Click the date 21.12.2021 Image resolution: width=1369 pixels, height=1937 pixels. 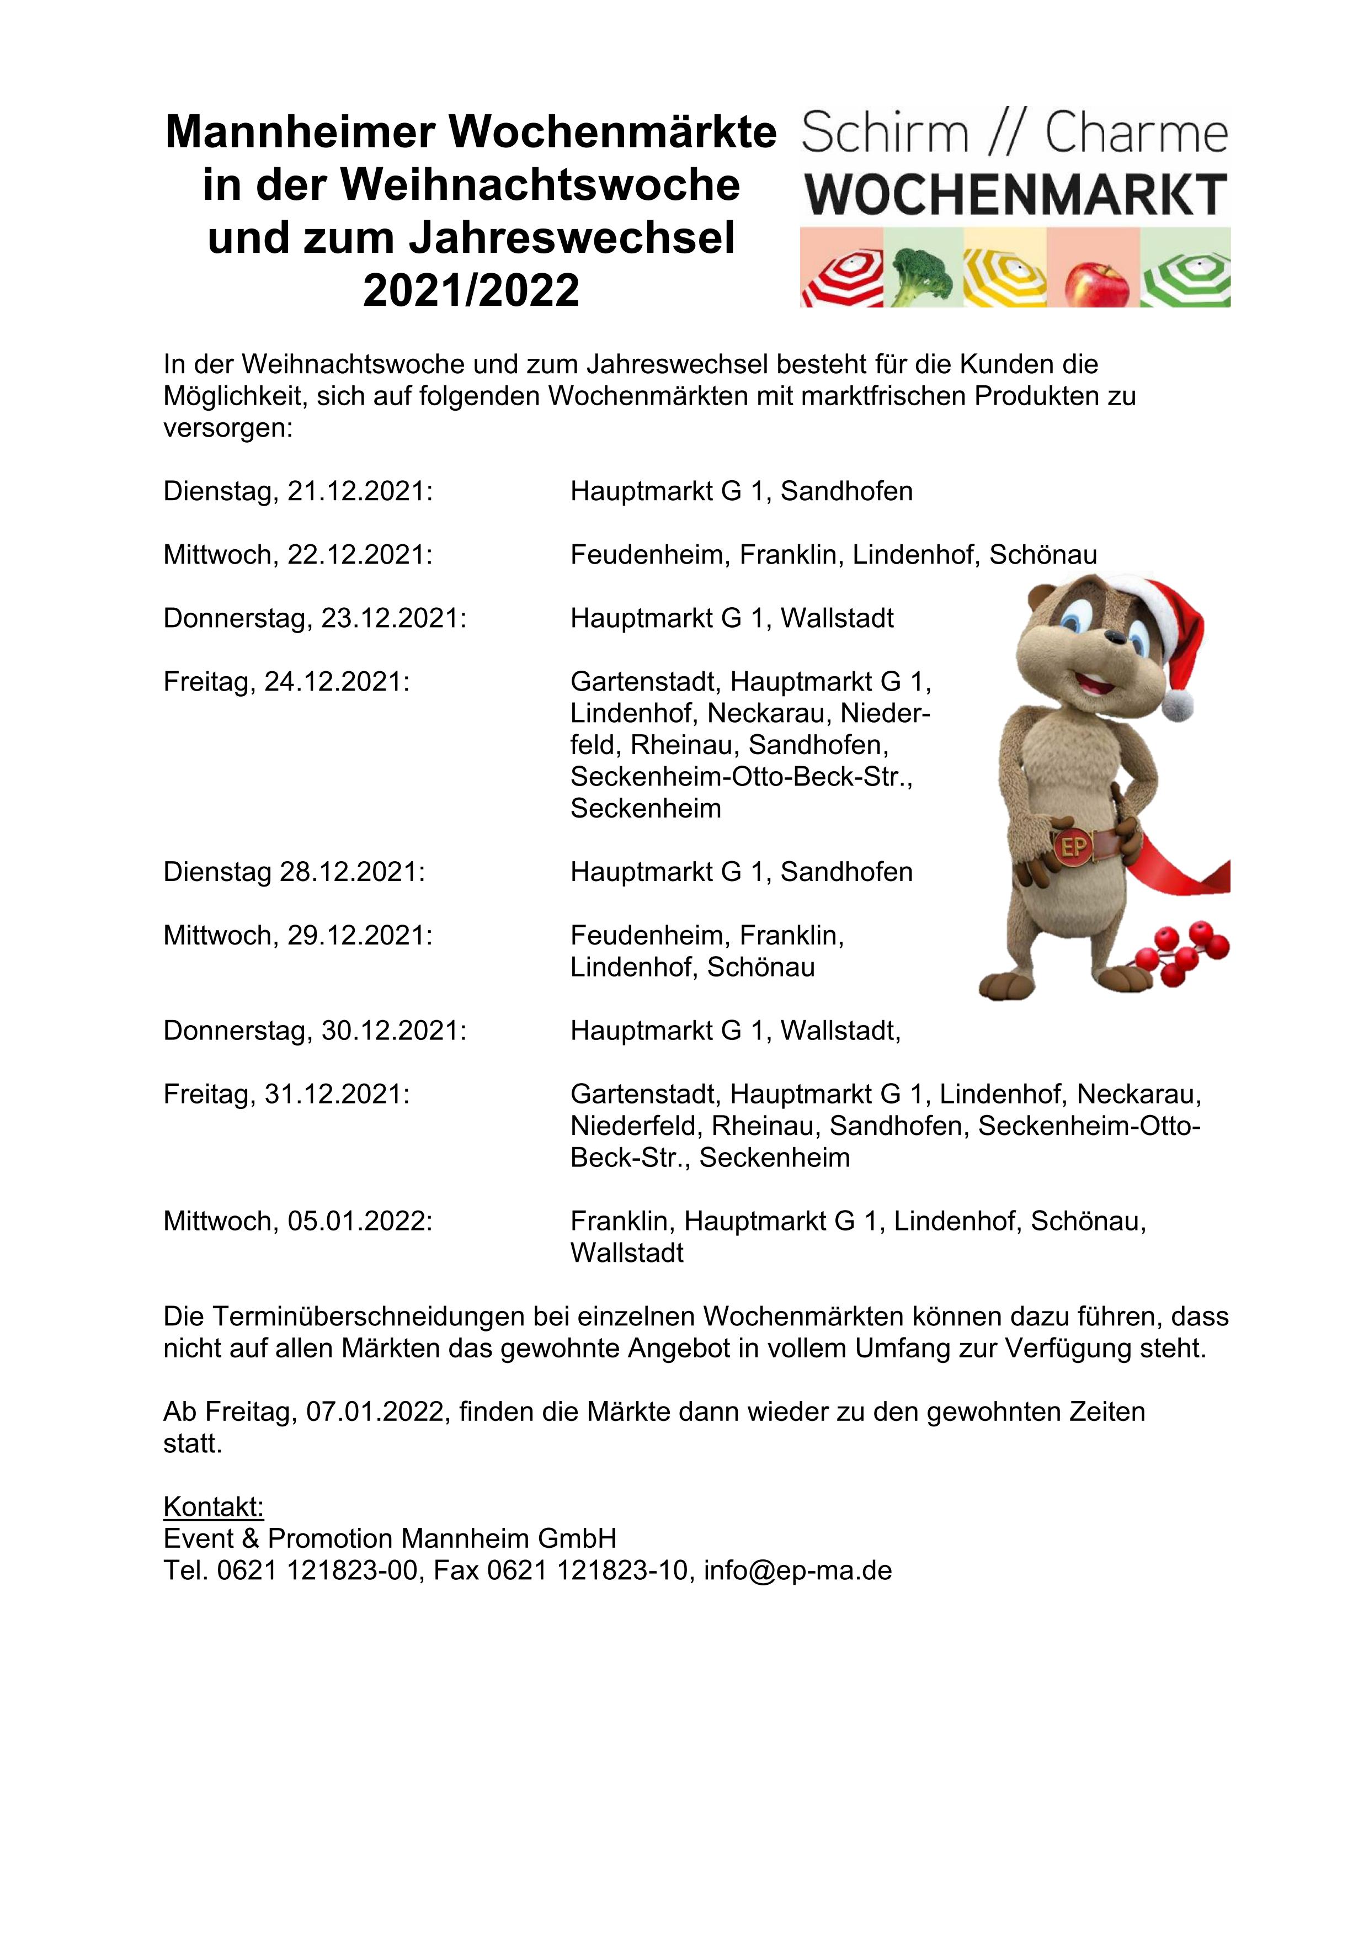point(359,491)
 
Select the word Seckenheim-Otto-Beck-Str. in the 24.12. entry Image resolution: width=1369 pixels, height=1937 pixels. point(741,776)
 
